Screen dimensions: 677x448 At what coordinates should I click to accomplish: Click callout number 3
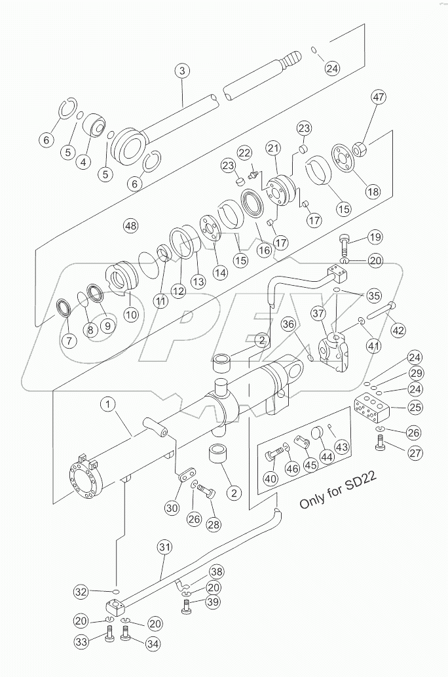183,71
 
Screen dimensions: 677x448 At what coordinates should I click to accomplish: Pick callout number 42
399,330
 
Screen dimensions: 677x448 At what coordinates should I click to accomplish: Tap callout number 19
374,237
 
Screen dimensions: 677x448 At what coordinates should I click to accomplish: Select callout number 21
272,149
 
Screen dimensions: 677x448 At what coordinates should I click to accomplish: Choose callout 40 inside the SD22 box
271,478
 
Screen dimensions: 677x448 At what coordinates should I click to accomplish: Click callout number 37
319,315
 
